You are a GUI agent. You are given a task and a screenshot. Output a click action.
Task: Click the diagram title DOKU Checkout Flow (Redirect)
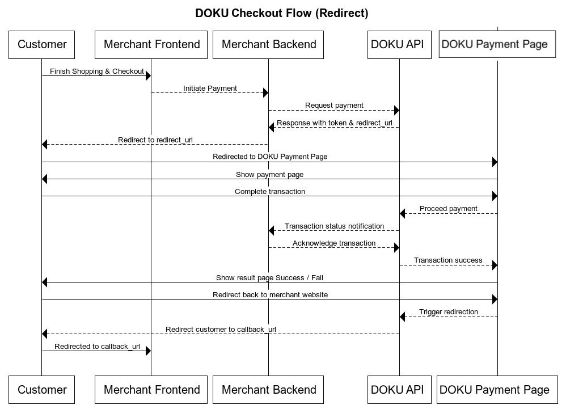282,13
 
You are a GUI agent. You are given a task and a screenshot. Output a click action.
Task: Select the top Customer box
42,44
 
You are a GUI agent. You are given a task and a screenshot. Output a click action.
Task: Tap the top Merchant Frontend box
151,44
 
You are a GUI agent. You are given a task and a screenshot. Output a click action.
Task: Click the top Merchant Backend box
268,44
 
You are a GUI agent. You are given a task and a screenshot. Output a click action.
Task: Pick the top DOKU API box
397,44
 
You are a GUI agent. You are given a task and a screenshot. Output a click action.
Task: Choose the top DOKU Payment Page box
495,44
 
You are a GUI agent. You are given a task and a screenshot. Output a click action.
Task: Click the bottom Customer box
42,389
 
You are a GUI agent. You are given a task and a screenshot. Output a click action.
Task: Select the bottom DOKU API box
397,389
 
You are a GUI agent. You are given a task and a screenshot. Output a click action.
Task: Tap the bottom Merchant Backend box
268,389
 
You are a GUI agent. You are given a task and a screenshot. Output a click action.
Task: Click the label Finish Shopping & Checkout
96,71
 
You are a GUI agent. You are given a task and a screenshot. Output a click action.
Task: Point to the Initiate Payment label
210,88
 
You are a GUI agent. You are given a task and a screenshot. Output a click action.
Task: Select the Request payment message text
334,106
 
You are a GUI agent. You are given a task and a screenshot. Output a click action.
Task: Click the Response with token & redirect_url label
334,123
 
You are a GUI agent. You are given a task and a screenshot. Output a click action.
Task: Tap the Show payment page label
269,175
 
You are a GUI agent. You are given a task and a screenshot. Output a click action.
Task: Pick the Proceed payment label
448,209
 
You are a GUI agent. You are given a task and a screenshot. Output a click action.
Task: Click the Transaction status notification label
334,226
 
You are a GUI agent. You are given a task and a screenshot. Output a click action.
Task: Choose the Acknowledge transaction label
334,243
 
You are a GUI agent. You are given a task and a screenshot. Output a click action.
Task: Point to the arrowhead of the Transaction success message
494,265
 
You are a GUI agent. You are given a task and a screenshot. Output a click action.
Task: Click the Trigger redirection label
448,312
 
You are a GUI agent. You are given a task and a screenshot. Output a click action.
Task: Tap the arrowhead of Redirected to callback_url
148,351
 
